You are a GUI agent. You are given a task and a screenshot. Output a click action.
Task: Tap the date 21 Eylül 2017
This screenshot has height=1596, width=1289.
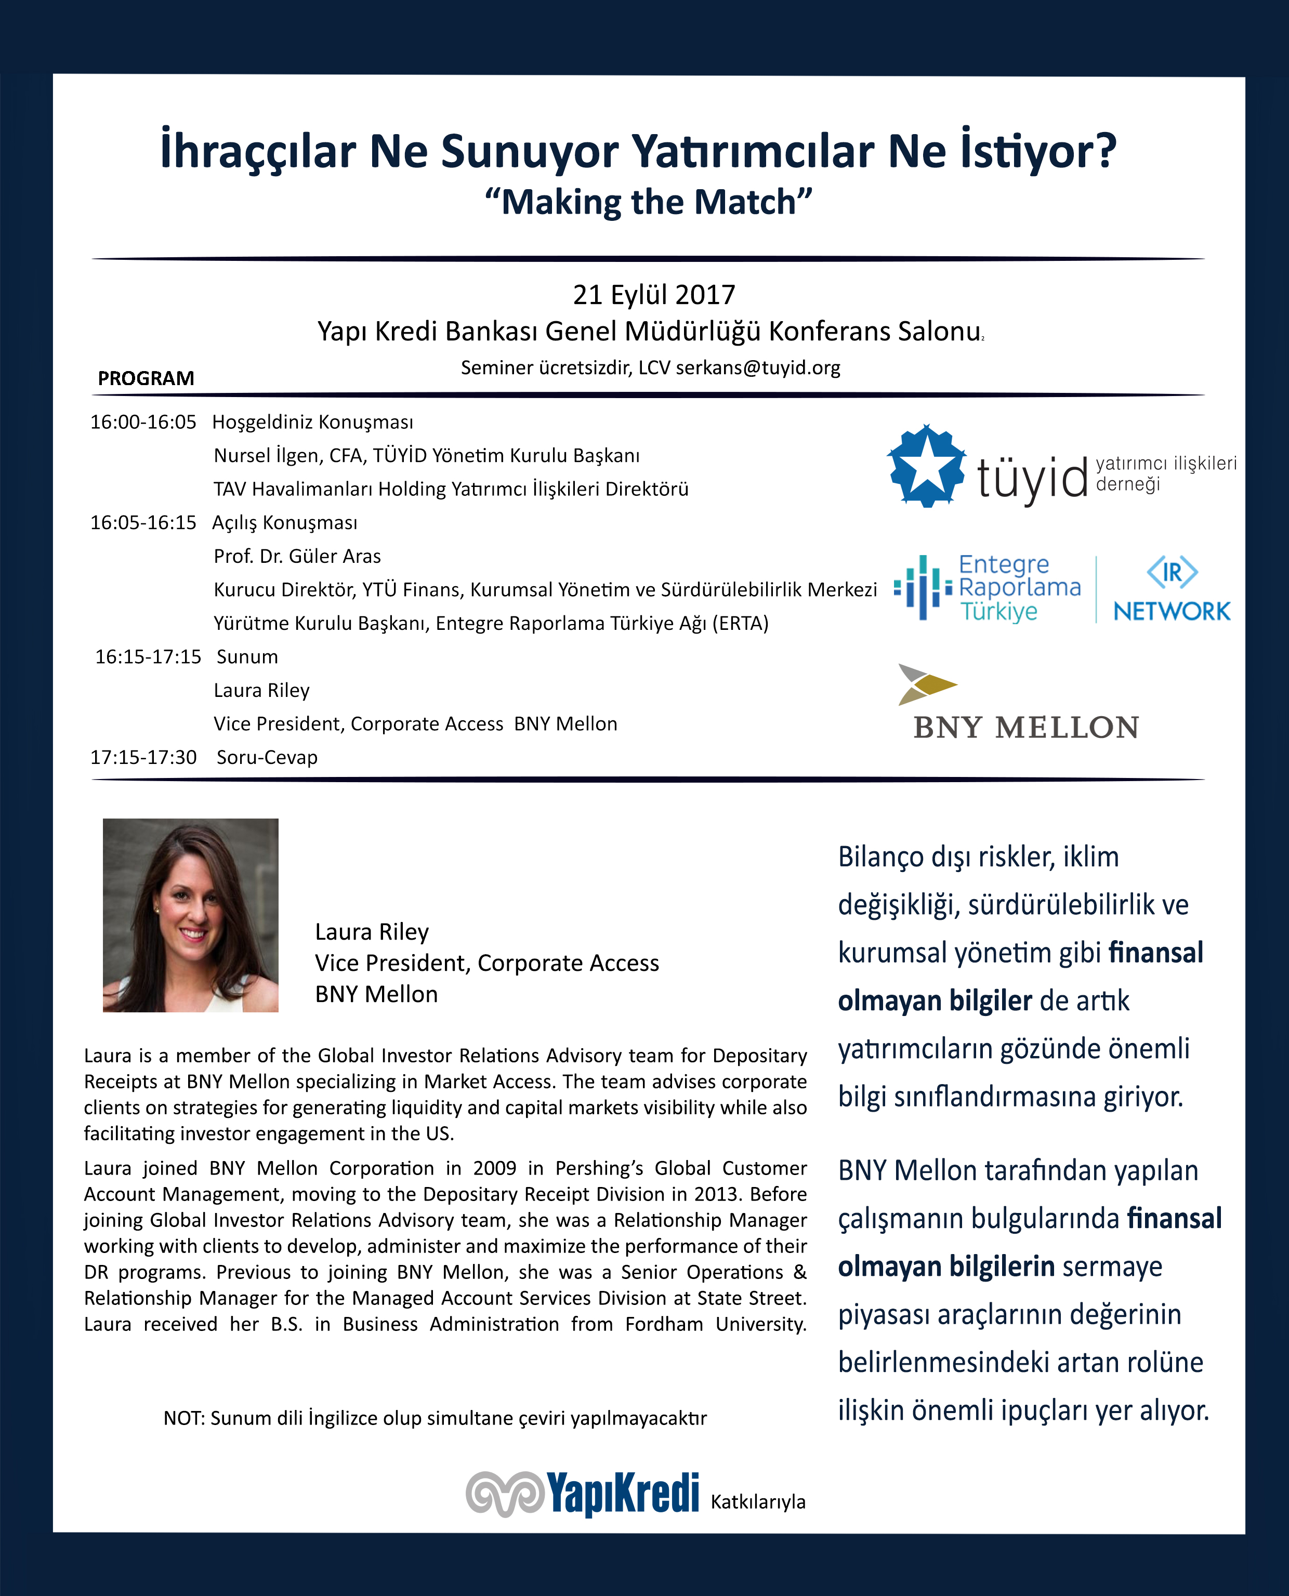653,295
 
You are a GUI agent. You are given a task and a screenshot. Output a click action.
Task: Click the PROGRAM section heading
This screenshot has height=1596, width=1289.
146,378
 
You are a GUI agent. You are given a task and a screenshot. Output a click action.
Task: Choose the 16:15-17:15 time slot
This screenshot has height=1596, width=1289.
148,657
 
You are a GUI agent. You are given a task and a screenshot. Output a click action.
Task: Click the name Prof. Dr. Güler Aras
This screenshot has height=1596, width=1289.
297,556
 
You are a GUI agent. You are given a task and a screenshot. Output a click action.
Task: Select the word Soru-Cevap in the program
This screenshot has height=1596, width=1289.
267,757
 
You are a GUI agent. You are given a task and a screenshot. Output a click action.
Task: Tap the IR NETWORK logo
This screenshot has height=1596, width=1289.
1171,589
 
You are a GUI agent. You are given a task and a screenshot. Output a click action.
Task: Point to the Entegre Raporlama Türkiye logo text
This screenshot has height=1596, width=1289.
1019,588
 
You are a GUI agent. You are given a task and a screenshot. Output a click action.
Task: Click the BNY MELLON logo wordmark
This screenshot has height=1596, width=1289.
1025,728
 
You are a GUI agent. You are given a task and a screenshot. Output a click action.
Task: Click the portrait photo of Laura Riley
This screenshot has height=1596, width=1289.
190,915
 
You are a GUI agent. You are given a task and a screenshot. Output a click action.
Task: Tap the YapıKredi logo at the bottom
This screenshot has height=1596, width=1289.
583,1494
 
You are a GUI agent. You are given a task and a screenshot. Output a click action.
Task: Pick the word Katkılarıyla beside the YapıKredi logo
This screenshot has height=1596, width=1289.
757,1502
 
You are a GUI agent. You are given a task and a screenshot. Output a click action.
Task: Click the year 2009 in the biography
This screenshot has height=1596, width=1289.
494,1168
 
